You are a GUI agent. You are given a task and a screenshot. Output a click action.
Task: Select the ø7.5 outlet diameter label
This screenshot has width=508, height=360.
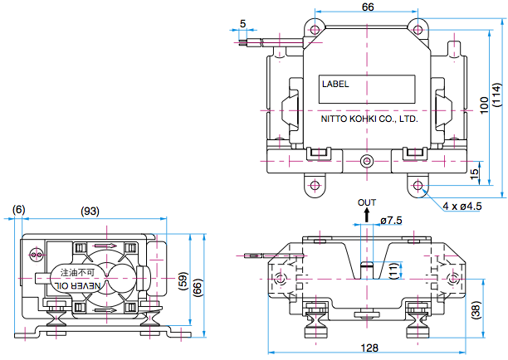point(392,220)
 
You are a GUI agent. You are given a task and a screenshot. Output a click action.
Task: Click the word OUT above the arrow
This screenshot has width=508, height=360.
point(366,202)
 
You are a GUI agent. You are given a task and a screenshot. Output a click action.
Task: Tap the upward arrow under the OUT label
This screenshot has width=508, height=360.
point(366,215)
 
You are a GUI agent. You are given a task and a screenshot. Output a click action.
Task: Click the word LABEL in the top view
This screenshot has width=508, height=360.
point(336,84)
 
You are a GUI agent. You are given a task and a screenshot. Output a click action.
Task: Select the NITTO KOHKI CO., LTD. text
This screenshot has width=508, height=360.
point(369,119)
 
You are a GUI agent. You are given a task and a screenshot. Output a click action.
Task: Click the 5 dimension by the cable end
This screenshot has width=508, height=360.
point(242,22)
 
